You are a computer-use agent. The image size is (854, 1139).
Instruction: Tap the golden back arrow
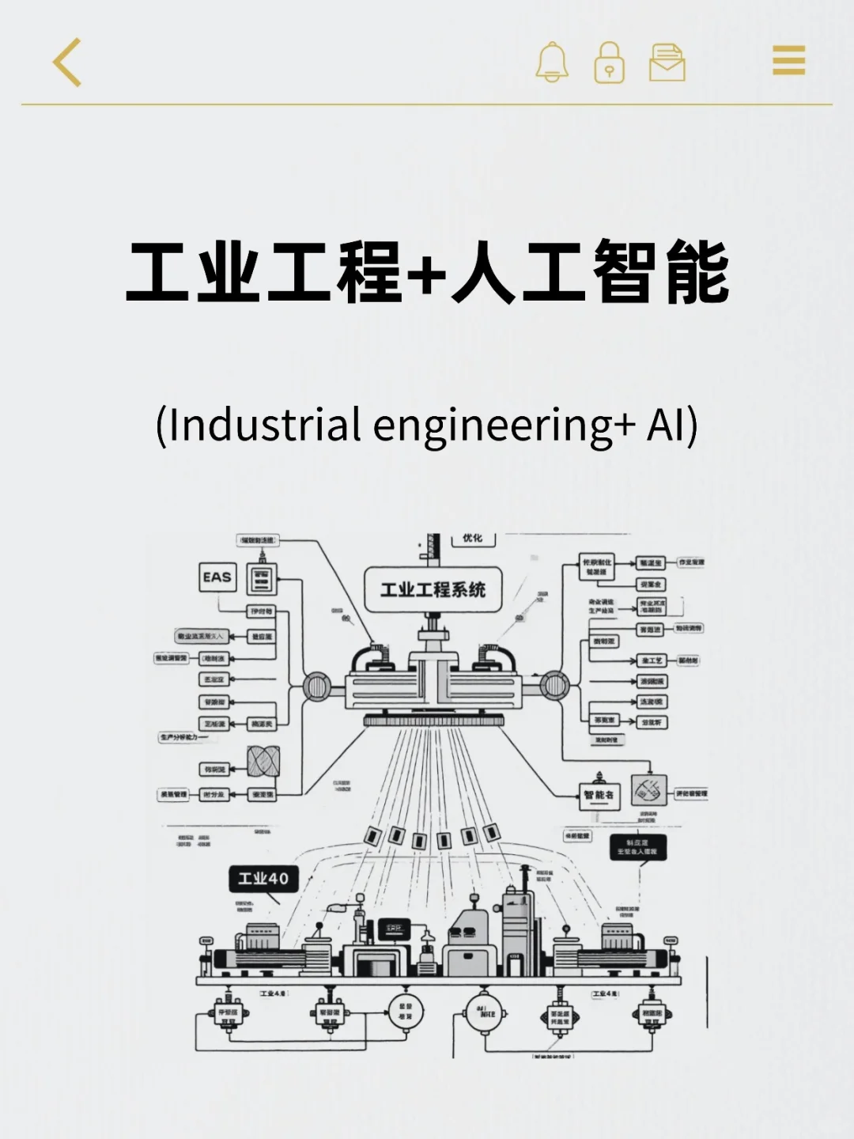(67, 62)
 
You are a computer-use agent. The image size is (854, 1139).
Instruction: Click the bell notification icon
(551, 62)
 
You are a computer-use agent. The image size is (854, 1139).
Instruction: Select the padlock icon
(609, 62)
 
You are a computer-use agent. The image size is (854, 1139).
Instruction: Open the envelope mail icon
(667, 62)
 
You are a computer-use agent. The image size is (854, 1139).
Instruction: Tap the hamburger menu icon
(788, 60)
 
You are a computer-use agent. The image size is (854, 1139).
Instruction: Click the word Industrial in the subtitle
(265, 425)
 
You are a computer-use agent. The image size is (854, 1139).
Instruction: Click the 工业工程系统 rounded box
(433, 590)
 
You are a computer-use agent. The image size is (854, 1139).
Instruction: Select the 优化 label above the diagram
(472, 538)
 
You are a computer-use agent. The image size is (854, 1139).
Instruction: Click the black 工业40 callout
(263, 879)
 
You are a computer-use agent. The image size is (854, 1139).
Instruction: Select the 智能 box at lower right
(599, 794)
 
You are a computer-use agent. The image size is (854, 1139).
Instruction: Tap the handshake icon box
(648, 791)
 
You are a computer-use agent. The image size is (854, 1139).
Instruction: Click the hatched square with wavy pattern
(263, 761)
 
